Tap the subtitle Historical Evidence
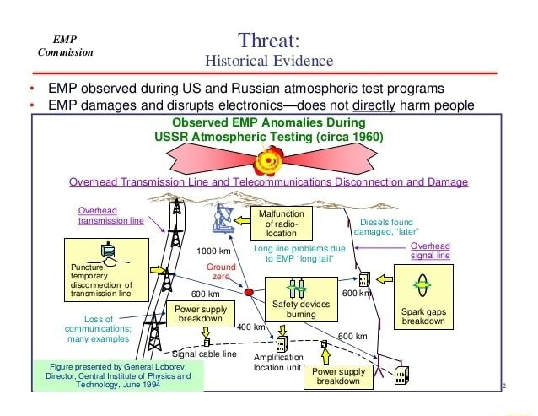[269, 61]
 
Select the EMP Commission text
[65, 46]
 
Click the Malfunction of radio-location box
[281, 224]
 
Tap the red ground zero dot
[249, 293]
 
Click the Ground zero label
[221, 272]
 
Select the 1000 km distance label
[213, 251]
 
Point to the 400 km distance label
[251, 326]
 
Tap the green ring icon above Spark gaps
[425, 285]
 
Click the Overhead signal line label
[430, 250]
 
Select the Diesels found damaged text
[385, 227]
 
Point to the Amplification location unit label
[277, 363]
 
